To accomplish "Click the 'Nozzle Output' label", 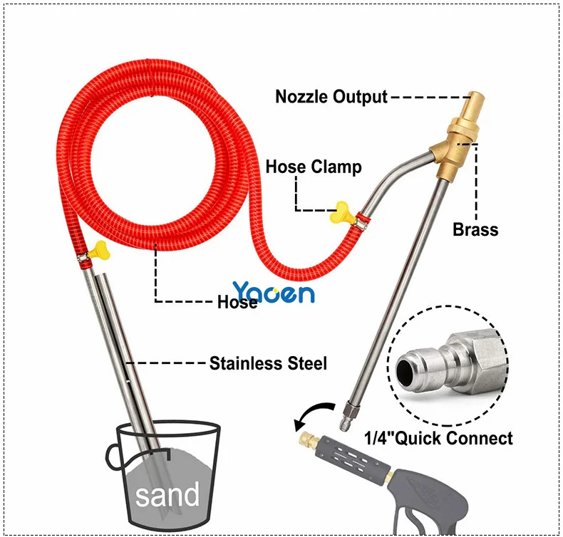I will [331, 97].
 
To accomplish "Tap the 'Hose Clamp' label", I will [314, 167].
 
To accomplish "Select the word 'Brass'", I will [475, 229].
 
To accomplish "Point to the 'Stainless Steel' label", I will [268, 364].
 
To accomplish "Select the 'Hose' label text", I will [237, 302].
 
